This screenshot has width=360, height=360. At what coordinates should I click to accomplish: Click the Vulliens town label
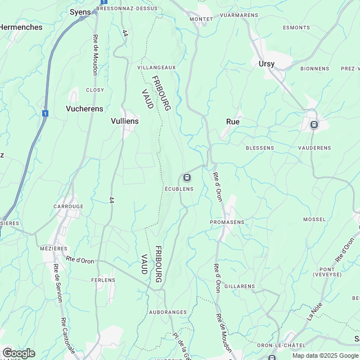pos(125,121)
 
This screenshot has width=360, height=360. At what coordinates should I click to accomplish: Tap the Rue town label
pos(232,121)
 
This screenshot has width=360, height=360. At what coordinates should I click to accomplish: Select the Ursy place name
pos(267,64)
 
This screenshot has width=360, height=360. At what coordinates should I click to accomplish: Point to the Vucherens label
pos(83,109)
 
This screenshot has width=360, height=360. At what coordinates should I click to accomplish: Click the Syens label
pos(80,12)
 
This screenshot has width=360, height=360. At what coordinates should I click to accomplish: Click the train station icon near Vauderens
pos(314,125)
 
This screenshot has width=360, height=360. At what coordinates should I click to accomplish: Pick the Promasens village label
pos(227,222)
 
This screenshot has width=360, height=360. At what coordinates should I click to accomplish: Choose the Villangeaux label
pos(157,67)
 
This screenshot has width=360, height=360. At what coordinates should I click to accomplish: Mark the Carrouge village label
pos(68,206)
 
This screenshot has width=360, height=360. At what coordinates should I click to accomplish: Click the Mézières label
pos(54,249)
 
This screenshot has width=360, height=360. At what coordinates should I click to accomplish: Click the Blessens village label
pos(260,148)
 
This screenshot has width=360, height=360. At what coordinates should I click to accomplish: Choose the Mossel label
pos(314,219)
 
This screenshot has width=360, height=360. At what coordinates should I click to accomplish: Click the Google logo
pos(18,353)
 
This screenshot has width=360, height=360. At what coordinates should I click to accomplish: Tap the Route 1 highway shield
pos(44,114)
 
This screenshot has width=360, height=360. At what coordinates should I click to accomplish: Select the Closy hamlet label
pos(94,90)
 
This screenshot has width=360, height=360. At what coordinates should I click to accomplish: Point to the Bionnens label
pos(315,69)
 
